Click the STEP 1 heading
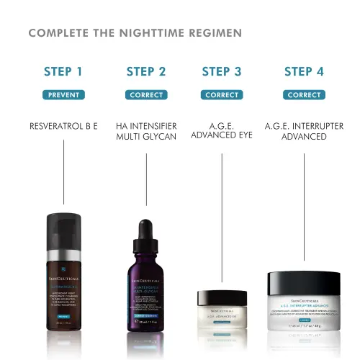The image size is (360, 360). pos(63,71)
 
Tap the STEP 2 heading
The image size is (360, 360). pos(146,71)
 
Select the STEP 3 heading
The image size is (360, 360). pos(222,71)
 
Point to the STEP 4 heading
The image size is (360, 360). pos(304,71)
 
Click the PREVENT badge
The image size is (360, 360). pos(63,94)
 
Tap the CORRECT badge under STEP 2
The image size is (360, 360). pos(146,94)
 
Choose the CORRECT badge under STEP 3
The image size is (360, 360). pos(222,94)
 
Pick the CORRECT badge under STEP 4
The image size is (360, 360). pos(304,94)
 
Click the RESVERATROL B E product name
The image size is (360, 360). pos(63,125)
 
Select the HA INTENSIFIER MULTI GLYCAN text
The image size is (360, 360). pos(146,130)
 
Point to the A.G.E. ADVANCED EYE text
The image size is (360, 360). pos(222,130)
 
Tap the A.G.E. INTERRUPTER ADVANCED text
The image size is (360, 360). pos(304,130)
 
